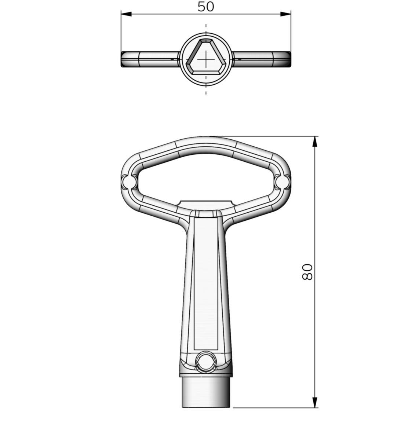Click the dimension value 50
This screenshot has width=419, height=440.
point(205,7)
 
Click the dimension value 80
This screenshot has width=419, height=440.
point(307,272)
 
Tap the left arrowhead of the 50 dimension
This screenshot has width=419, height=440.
point(126,14)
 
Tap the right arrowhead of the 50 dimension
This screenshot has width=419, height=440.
point(286,14)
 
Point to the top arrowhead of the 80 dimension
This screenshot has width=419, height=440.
point(315,142)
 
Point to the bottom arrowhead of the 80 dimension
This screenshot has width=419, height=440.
point(315,402)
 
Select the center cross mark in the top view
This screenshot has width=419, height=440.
point(206,59)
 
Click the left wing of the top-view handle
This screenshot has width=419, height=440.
point(150,59)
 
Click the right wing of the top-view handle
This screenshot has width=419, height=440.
point(262,59)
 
